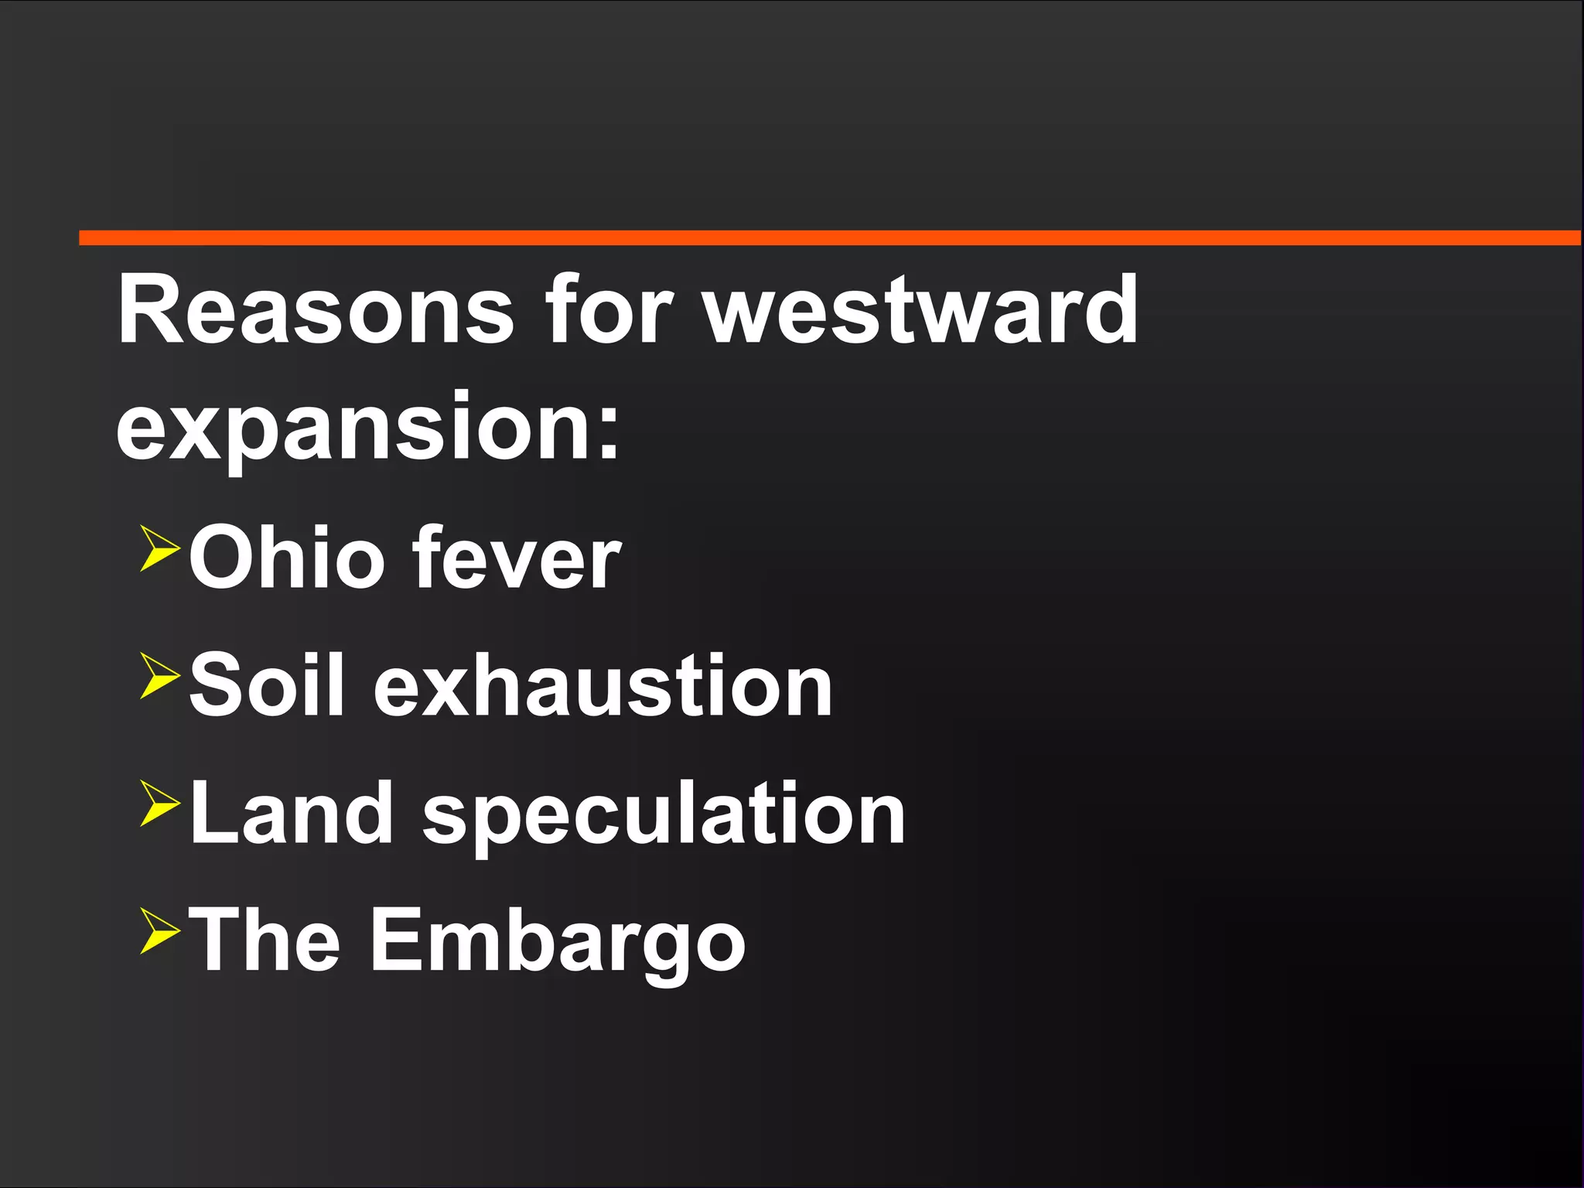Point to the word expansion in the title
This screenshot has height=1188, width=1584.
352,429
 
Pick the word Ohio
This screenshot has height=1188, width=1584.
286,557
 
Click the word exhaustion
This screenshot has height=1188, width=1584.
603,685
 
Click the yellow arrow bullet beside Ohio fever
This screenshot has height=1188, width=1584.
159,548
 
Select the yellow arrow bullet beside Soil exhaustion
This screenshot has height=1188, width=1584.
159,675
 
